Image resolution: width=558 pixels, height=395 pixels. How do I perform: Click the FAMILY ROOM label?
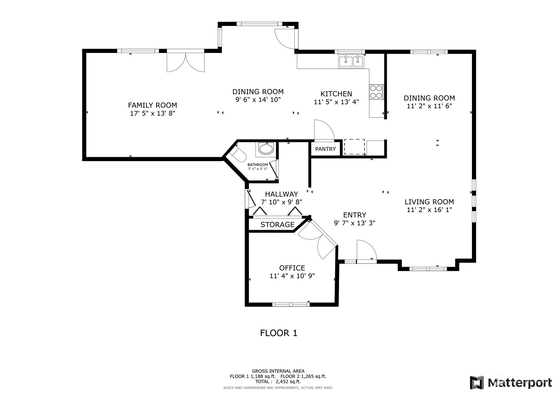point(152,105)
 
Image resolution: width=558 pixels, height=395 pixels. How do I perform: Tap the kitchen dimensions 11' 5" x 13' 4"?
point(336,102)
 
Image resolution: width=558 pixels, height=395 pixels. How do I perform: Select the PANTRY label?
point(325,149)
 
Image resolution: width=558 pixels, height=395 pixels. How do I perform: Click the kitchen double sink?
point(351,61)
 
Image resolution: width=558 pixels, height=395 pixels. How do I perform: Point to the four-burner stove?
point(376,92)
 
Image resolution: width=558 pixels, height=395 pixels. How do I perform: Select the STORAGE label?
point(277,225)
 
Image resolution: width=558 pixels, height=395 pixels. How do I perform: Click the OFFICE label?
point(292,268)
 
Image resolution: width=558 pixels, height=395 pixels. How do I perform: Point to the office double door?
point(317,240)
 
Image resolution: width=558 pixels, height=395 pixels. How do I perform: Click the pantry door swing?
point(324,131)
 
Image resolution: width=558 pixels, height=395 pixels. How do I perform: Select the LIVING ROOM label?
point(429,202)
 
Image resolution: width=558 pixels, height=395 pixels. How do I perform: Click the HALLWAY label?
point(282,194)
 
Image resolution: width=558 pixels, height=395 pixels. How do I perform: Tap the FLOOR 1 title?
point(279,333)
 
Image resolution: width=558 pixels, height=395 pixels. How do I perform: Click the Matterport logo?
point(511,382)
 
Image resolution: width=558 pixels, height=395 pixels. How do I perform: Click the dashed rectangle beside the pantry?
point(354,147)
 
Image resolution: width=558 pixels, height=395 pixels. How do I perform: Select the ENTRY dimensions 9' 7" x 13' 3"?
point(354,223)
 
